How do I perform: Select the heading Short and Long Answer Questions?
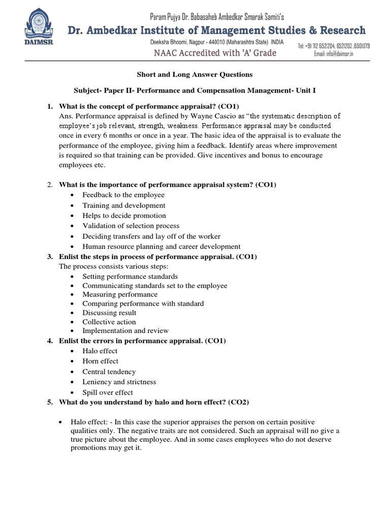[194, 75]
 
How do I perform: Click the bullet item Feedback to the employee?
[123, 195]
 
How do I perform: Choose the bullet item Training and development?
[124, 205]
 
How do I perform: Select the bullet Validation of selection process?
[131, 225]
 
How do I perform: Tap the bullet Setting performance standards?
[130, 276]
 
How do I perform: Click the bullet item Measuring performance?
[120, 295]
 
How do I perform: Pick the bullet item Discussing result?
[109, 313]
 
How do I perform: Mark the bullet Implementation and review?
[125, 331]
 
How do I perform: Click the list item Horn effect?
[101, 361]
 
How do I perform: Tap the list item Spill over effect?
[108, 392]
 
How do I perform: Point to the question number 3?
[50, 257]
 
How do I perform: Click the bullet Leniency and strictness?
[119, 382]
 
